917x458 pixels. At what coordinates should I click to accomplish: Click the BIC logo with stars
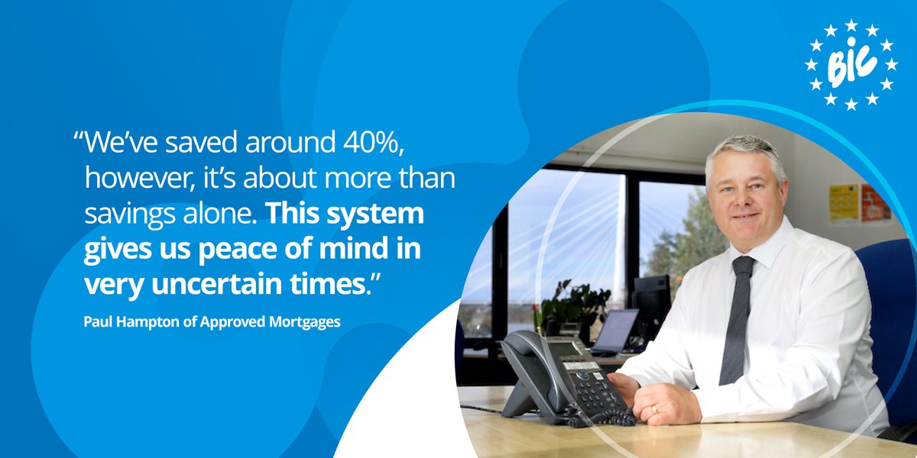851,65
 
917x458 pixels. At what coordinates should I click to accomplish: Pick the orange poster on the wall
875,202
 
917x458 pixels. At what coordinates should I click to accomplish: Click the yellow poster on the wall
844,202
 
